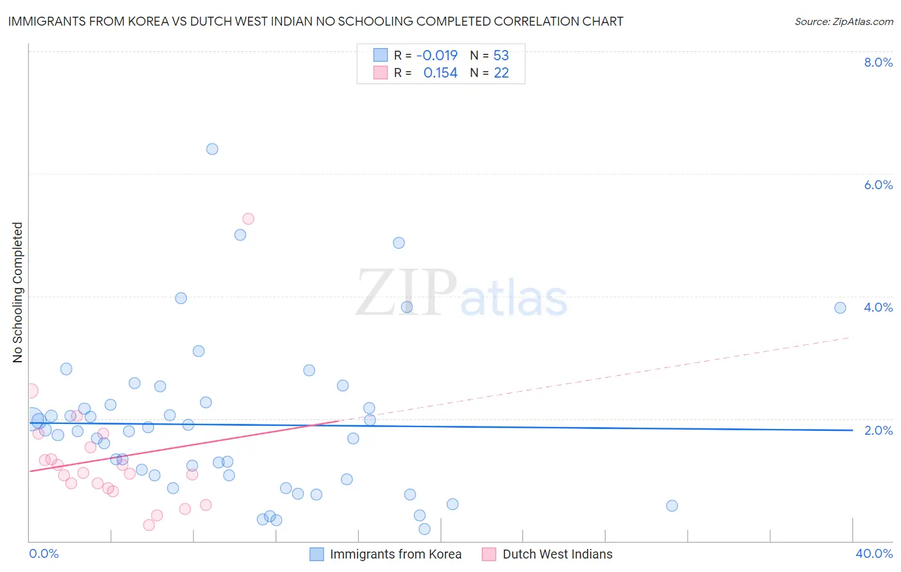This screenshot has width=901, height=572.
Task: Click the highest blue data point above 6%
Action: click(212, 149)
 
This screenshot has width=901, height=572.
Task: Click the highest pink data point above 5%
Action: click(248, 219)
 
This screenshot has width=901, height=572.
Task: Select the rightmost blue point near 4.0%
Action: click(840, 308)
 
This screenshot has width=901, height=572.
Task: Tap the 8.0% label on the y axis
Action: click(878, 62)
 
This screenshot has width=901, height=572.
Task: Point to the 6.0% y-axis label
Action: click(878, 185)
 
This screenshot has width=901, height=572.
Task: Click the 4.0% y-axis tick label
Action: click(878, 307)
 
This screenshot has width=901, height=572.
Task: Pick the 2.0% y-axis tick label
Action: click(878, 430)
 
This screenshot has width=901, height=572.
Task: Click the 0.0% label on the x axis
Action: click(44, 553)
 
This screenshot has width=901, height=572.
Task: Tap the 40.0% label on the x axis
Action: click(873, 553)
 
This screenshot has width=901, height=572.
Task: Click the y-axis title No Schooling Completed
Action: click(18, 292)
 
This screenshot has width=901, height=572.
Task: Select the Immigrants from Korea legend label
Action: click(395, 554)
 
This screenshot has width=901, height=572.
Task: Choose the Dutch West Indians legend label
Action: click(558, 554)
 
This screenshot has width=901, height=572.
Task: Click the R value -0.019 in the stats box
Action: click(437, 56)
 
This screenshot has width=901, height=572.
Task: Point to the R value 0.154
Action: click(440, 73)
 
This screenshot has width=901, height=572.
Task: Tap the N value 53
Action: click(501, 56)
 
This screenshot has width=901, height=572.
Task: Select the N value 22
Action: click(501, 73)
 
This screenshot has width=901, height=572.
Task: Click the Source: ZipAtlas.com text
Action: click(843, 22)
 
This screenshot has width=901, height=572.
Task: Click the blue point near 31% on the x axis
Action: click(672, 506)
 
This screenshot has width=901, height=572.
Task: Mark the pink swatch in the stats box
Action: click(381, 72)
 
